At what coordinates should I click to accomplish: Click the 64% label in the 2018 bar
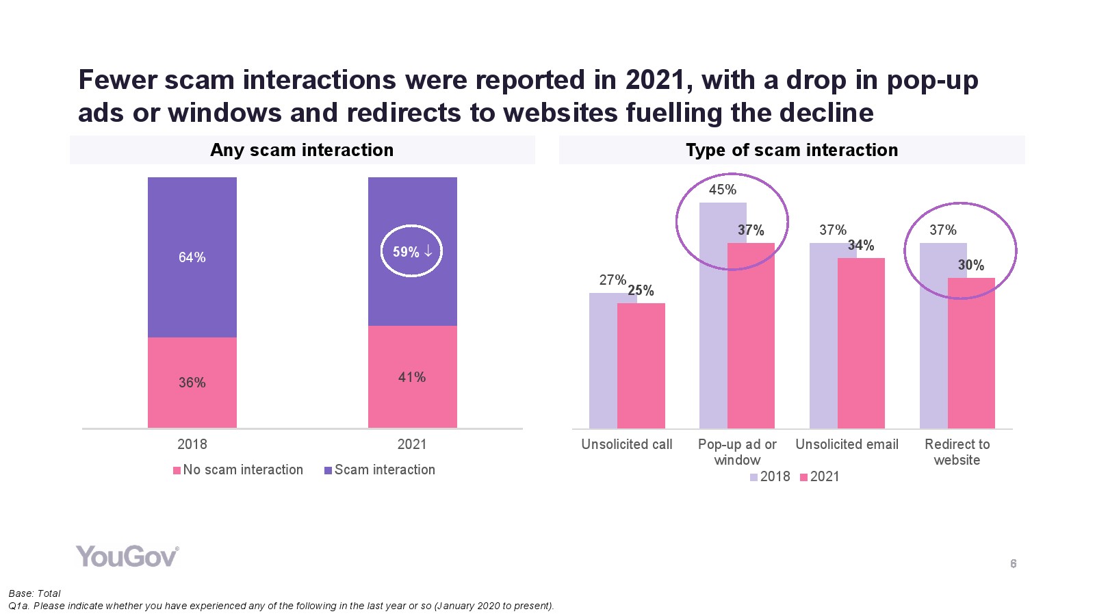192,257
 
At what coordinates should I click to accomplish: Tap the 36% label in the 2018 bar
192,383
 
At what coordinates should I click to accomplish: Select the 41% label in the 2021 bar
412,377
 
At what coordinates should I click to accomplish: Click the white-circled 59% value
411,251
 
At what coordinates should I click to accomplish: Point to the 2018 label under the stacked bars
192,444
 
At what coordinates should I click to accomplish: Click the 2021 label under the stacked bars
412,444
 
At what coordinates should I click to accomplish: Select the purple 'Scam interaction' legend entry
380,470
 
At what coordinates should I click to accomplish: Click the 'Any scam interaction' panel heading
302,150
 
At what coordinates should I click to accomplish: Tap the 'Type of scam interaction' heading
792,150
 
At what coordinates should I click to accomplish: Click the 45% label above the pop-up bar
723,190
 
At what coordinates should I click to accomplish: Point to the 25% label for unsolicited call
641,290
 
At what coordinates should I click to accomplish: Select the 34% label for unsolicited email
861,245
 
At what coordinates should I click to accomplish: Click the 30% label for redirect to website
971,265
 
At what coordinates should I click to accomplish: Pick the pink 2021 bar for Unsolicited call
641,366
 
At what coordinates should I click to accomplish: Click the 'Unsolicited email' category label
847,444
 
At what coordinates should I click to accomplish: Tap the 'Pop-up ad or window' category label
737,452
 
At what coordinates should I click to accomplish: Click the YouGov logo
127,556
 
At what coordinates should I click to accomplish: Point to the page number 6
1014,564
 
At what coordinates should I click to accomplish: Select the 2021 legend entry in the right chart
820,476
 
